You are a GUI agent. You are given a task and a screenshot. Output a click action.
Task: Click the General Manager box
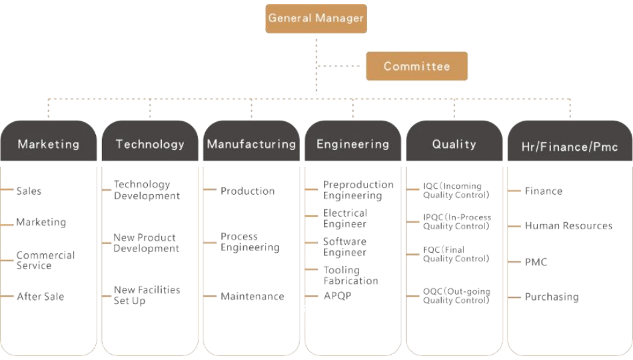click(316, 19)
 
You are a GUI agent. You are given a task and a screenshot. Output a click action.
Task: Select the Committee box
click(416, 66)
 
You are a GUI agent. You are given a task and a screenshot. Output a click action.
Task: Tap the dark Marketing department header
click(48, 143)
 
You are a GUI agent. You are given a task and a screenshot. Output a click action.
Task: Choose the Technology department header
click(150, 143)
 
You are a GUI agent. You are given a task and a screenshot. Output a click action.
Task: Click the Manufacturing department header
click(251, 143)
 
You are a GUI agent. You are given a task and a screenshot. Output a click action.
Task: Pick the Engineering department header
click(352, 143)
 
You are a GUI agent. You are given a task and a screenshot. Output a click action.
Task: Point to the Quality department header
click(454, 143)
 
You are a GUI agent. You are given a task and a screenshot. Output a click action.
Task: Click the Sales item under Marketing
click(29, 191)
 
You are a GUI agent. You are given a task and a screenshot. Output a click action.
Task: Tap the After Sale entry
click(40, 296)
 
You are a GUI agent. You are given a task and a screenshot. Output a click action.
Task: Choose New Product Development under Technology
click(146, 243)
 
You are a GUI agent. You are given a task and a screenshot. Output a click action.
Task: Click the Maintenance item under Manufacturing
click(252, 296)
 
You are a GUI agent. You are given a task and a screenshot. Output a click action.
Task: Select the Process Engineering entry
click(250, 242)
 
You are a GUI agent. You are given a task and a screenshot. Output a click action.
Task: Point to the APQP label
click(337, 295)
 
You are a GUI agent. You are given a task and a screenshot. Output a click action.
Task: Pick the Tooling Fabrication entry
click(350, 275)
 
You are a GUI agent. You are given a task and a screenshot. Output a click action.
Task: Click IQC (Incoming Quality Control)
click(456, 191)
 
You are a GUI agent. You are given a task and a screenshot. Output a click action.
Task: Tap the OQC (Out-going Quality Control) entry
click(456, 296)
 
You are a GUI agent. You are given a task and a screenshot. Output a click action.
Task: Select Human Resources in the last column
click(568, 226)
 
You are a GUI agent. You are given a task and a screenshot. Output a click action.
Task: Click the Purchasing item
click(552, 297)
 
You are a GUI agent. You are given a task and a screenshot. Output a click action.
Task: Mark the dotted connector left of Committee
click(341, 66)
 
